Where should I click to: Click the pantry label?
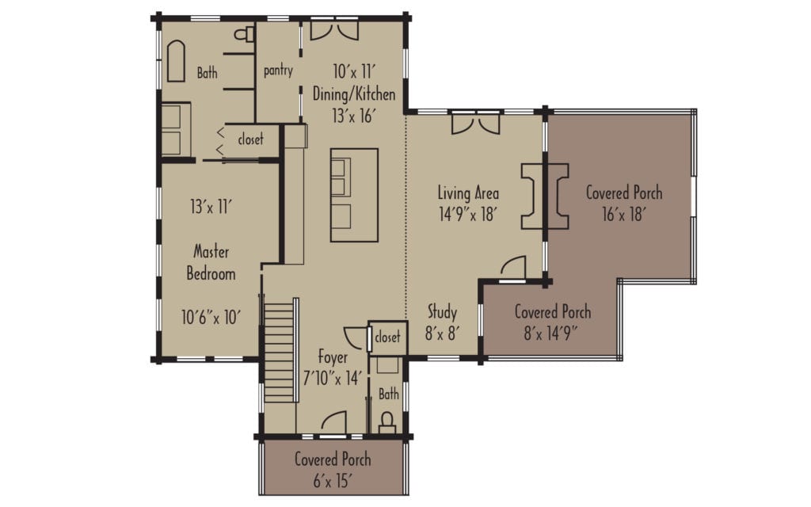click(x=278, y=71)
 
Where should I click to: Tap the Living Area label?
click(x=468, y=193)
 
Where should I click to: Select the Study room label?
click(x=443, y=311)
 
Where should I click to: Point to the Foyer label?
click(x=333, y=356)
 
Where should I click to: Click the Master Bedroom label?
click(x=211, y=263)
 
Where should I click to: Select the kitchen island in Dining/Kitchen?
click(x=354, y=195)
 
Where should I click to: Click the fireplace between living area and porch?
click(x=546, y=196)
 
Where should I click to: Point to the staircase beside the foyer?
click(x=279, y=347)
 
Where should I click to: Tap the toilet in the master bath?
click(x=247, y=34)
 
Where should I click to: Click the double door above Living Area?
click(x=475, y=123)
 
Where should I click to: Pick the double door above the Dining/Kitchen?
click(x=333, y=29)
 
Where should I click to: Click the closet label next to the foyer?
click(x=387, y=336)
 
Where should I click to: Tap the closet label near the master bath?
click(x=250, y=140)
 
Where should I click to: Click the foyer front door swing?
click(x=334, y=422)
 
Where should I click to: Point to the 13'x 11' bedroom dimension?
click(x=211, y=208)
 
